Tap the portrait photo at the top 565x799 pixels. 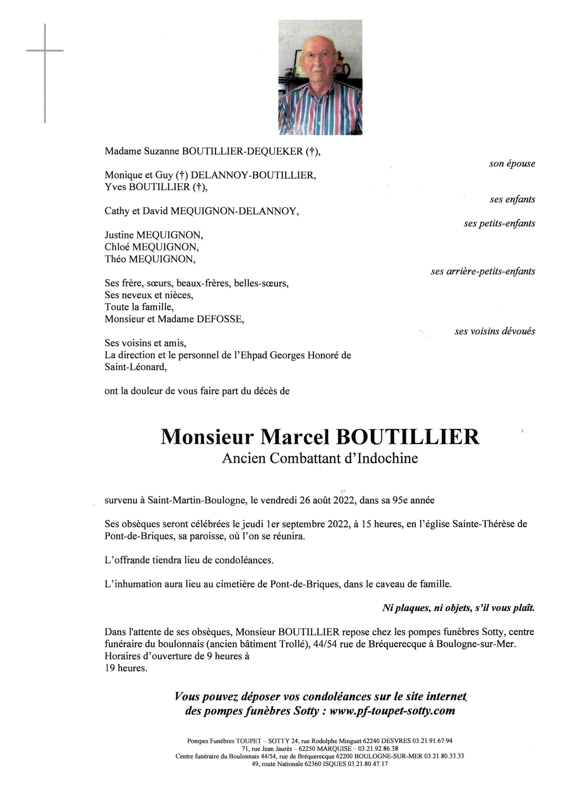(x=320, y=77)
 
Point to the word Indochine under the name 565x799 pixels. (x=387, y=458)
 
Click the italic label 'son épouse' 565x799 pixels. (x=512, y=164)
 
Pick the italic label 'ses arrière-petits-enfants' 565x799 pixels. (x=483, y=271)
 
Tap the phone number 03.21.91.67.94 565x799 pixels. (x=432, y=741)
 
